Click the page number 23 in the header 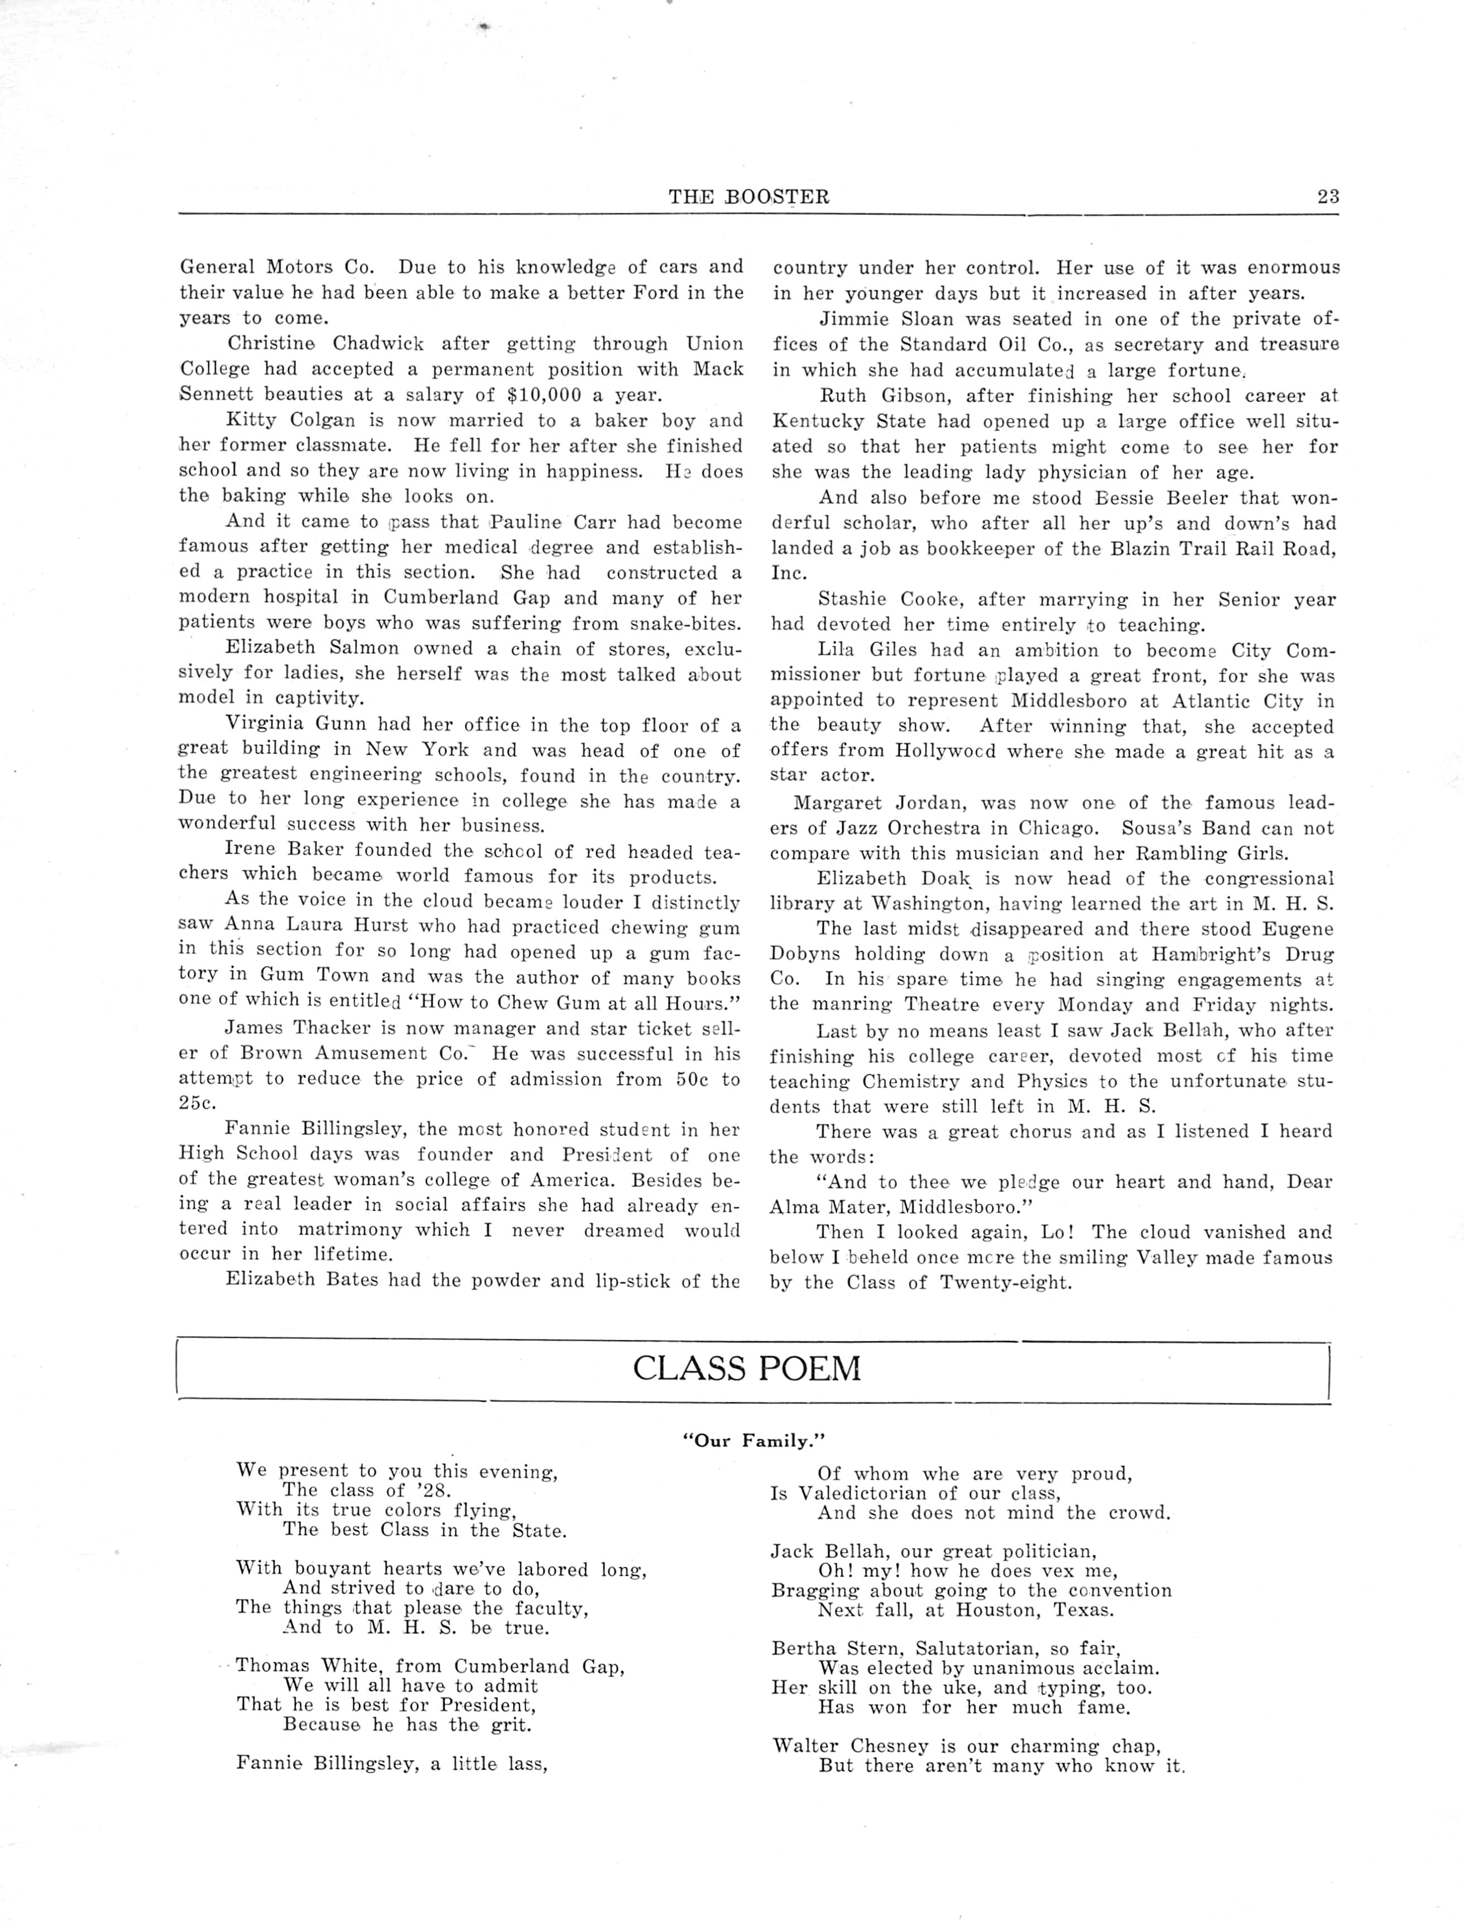(x=1328, y=197)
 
